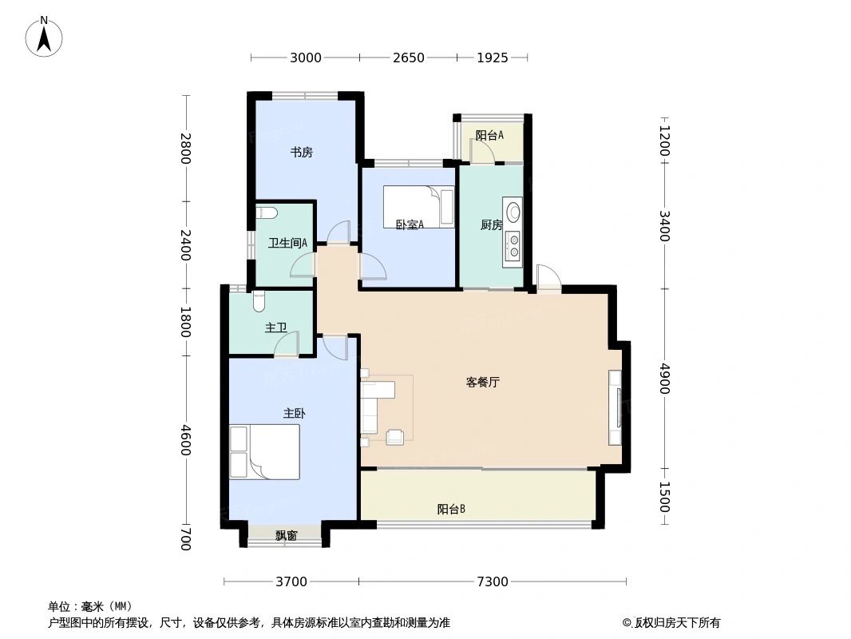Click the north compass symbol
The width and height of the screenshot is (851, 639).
click(x=45, y=36)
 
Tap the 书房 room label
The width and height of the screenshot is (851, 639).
click(x=301, y=153)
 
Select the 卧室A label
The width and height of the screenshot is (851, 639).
click(x=410, y=224)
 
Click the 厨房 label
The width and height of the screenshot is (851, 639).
click(x=491, y=225)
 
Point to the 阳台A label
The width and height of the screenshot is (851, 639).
click(x=489, y=136)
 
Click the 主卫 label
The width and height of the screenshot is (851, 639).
click(x=276, y=327)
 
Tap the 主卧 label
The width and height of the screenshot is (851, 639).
click(x=294, y=413)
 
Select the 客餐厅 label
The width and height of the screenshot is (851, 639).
click(x=482, y=383)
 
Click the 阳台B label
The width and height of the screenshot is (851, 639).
click(x=451, y=509)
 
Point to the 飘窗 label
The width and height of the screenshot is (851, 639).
click(x=286, y=536)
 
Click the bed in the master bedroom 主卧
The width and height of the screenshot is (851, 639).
click(x=264, y=451)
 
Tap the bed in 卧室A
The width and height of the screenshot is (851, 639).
click(x=418, y=207)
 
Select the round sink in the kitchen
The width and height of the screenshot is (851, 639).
click(x=513, y=212)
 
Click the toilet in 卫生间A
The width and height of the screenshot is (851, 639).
click(x=267, y=212)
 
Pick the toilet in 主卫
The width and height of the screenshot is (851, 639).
click(x=258, y=302)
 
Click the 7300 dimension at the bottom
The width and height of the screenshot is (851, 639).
click(x=493, y=581)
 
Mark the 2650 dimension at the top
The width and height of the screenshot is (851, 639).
click(x=408, y=58)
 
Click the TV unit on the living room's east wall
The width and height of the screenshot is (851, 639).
click(x=615, y=408)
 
